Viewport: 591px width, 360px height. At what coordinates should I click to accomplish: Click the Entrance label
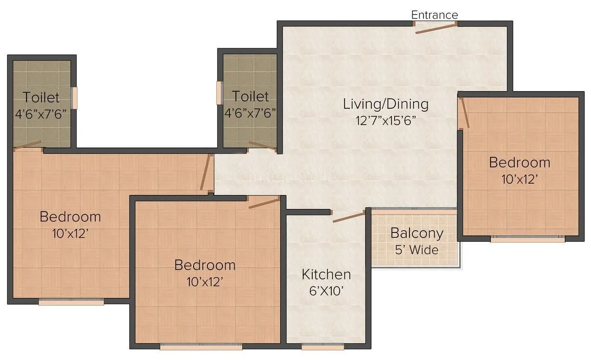[x=434, y=15]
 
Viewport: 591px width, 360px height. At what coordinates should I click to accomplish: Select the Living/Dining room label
[x=386, y=104]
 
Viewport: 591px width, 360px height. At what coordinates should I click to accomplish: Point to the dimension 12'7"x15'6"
[x=386, y=120]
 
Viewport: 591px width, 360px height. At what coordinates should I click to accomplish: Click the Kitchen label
[x=326, y=274]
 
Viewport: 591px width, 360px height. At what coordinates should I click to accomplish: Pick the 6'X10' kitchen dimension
[x=326, y=291]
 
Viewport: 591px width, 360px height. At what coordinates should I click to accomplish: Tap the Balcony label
[x=416, y=233]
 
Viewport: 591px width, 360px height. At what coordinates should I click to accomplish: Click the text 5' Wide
[x=416, y=250]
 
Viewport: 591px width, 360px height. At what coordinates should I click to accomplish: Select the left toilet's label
[x=41, y=97]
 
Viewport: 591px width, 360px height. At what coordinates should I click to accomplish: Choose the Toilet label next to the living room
[x=250, y=96]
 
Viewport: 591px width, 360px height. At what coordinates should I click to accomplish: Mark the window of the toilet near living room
[x=219, y=93]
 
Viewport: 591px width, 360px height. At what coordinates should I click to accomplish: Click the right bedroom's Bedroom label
[x=519, y=163]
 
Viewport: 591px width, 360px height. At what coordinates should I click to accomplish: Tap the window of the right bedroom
[x=528, y=239]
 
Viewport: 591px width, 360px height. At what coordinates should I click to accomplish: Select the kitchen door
[x=348, y=217]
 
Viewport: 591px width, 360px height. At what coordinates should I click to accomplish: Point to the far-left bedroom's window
[x=71, y=302]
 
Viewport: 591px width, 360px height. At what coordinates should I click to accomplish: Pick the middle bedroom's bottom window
[x=201, y=347]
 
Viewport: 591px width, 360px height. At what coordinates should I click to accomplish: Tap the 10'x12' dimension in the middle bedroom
[x=205, y=282]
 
